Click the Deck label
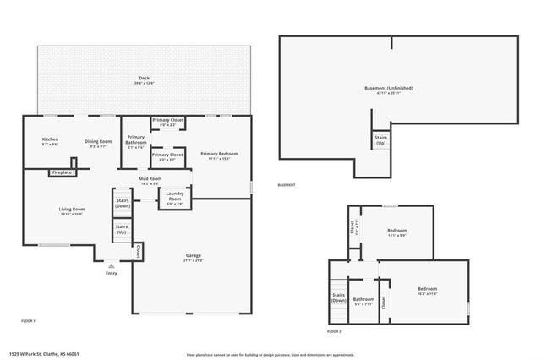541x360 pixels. click(145, 80)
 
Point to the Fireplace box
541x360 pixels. click(62, 172)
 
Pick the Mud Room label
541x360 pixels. click(149, 181)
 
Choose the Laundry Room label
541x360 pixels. click(175, 200)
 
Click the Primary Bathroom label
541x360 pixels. click(135, 140)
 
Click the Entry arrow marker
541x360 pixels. click(111, 265)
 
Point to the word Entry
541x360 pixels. click(112, 273)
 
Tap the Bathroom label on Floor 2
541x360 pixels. click(363, 300)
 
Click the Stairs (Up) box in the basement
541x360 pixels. click(380, 141)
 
